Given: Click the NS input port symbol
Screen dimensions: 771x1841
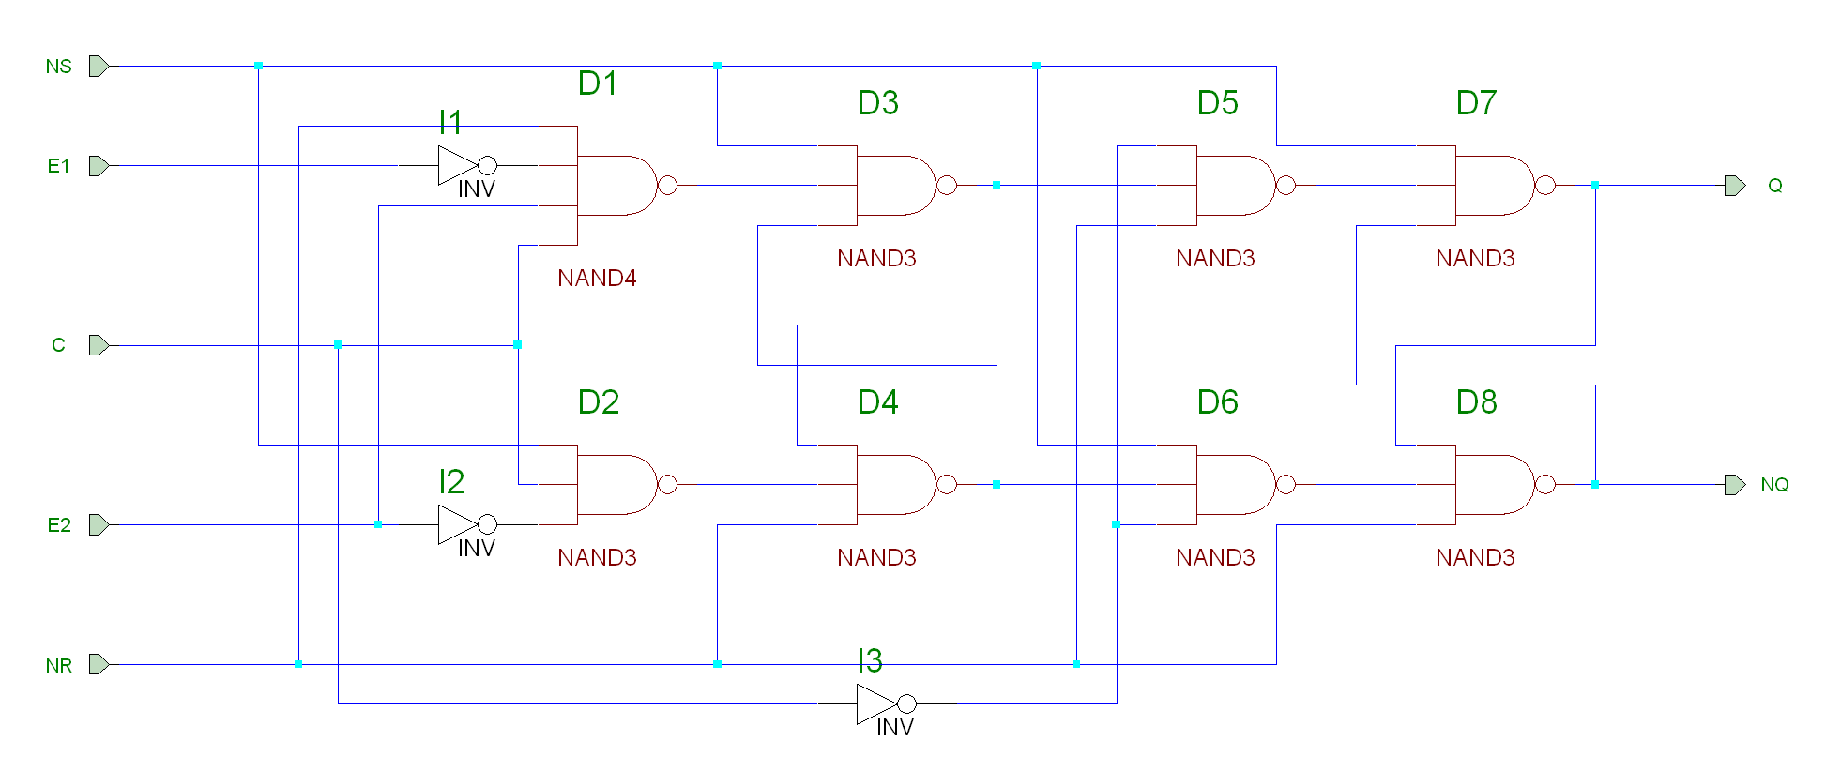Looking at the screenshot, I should (x=99, y=67).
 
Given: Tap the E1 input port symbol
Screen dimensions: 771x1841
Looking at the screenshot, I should (x=99, y=166).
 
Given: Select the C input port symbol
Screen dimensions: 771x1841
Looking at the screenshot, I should (x=99, y=345).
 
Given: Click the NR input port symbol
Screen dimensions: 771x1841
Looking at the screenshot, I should (x=99, y=665).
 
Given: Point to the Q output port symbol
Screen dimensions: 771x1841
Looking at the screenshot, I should (x=1735, y=186).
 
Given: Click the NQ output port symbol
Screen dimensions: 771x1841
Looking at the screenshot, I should (x=1735, y=485).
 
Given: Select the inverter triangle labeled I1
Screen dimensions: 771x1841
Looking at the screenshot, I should (x=457, y=166).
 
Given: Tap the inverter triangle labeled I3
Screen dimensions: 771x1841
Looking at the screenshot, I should (x=876, y=703).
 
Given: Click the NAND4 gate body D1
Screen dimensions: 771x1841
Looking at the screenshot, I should (x=615, y=186).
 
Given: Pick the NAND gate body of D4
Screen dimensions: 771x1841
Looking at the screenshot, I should (x=894, y=485).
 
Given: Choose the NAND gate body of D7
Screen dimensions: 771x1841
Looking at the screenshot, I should (x=1493, y=186).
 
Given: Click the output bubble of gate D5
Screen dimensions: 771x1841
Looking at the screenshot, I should (x=1286, y=186).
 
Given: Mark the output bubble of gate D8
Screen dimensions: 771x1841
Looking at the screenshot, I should (x=1545, y=485).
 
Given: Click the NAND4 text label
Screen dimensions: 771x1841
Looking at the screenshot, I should (x=597, y=279).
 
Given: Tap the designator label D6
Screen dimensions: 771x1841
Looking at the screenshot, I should (x=1217, y=402).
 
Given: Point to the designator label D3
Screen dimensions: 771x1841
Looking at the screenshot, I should (x=877, y=103).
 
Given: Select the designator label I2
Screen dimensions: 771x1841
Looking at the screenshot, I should (x=451, y=482).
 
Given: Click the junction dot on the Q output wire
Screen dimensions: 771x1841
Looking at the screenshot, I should (x=1595, y=186).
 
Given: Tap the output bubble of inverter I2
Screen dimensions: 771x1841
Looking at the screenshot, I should (x=488, y=524).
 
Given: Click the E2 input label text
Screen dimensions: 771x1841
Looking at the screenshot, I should (x=59, y=525).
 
